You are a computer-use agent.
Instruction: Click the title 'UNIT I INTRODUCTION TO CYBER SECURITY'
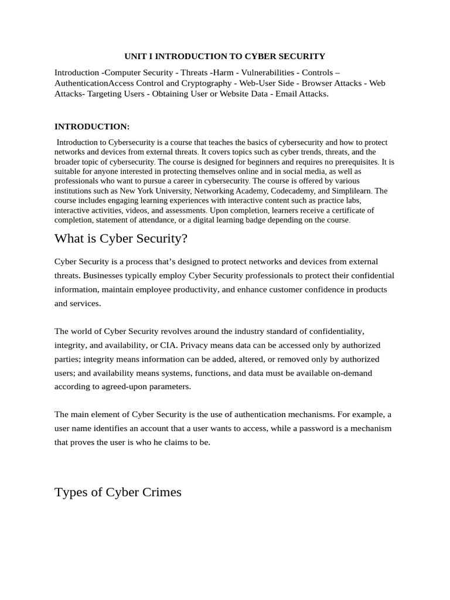pos(224,56)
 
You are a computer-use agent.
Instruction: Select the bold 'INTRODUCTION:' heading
pos(92,127)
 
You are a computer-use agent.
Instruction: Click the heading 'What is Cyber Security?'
pos(120,238)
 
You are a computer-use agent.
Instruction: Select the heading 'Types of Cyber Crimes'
pos(118,492)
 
